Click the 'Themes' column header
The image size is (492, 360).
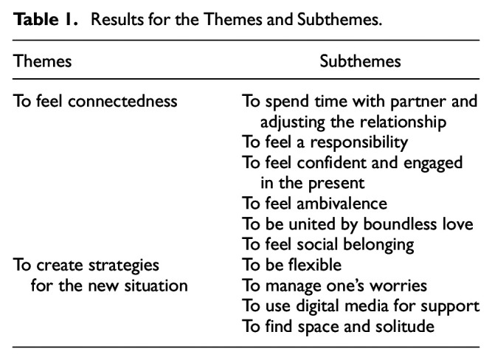click(42, 61)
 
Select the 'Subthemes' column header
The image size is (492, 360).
click(360, 61)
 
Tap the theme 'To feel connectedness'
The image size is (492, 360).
click(95, 101)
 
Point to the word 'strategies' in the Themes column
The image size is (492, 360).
click(125, 263)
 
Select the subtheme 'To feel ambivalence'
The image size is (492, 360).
click(316, 203)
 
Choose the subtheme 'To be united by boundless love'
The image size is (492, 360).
click(357, 223)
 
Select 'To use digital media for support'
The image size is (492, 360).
click(361, 304)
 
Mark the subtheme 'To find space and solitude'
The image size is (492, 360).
click(337, 325)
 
